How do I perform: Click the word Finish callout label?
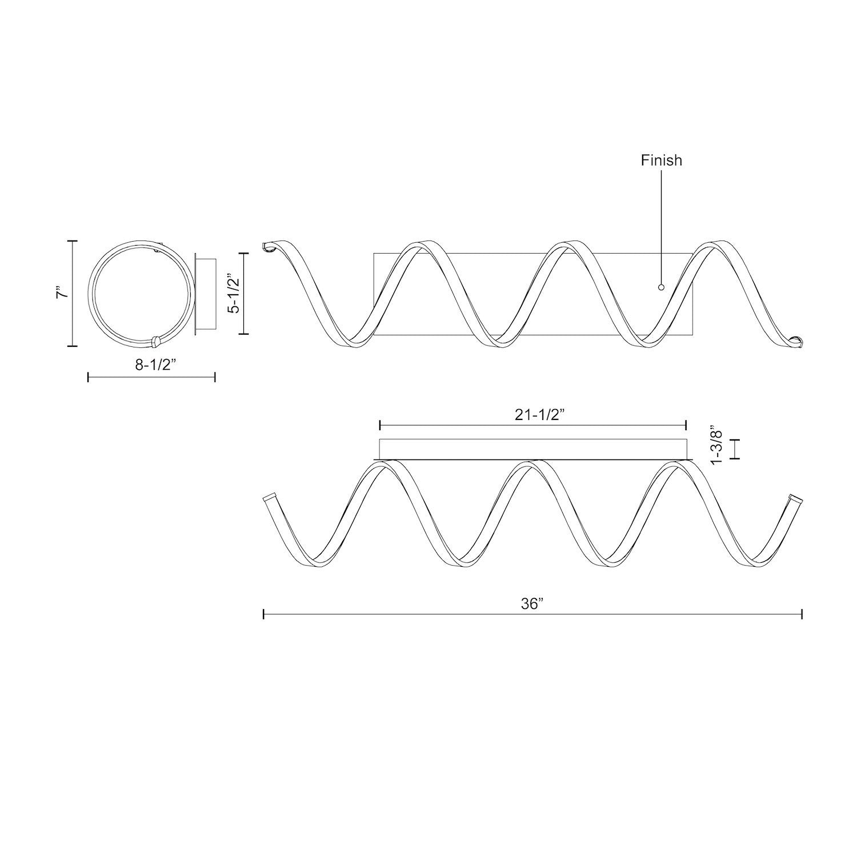click(661, 161)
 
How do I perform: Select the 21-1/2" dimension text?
click(532, 416)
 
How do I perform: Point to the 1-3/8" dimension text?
click(716, 445)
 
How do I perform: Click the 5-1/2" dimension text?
click(233, 293)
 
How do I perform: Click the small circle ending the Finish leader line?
click(661, 287)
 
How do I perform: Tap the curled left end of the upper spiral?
click(269, 246)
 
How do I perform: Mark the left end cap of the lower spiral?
click(269, 498)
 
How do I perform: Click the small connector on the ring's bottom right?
click(156, 341)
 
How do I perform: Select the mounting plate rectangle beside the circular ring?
click(206, 293)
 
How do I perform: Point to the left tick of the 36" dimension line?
click(263, 614)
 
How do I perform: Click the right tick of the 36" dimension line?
click(802, 614)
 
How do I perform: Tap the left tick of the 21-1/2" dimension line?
click(380, 425)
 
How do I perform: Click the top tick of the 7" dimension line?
click(72, 241)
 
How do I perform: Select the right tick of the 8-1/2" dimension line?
click(214, 377)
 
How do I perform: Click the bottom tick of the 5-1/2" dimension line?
click(244, 334)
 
